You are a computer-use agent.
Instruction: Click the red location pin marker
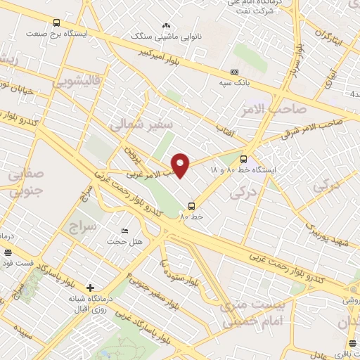[181, 165]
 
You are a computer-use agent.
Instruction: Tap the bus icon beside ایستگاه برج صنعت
[56, 22]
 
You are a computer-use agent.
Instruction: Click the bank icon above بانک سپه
[235, 72]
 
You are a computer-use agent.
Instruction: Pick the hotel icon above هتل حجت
[124, 231]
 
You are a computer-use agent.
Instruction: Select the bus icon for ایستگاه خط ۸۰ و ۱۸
[244, 159]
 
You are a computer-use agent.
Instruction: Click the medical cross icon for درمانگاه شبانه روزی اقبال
[90, 287]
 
